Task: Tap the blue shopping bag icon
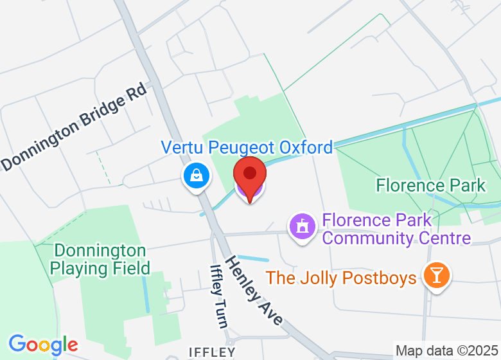pos(197,175)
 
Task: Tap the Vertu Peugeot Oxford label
pos(247,147)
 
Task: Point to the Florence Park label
pos(431,186)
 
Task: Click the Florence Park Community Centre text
pos(396,230)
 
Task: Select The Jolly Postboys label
pos(341,278)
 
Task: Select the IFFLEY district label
pos(211,352)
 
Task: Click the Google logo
pos(43,345)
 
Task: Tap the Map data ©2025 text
pos(446,351)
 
